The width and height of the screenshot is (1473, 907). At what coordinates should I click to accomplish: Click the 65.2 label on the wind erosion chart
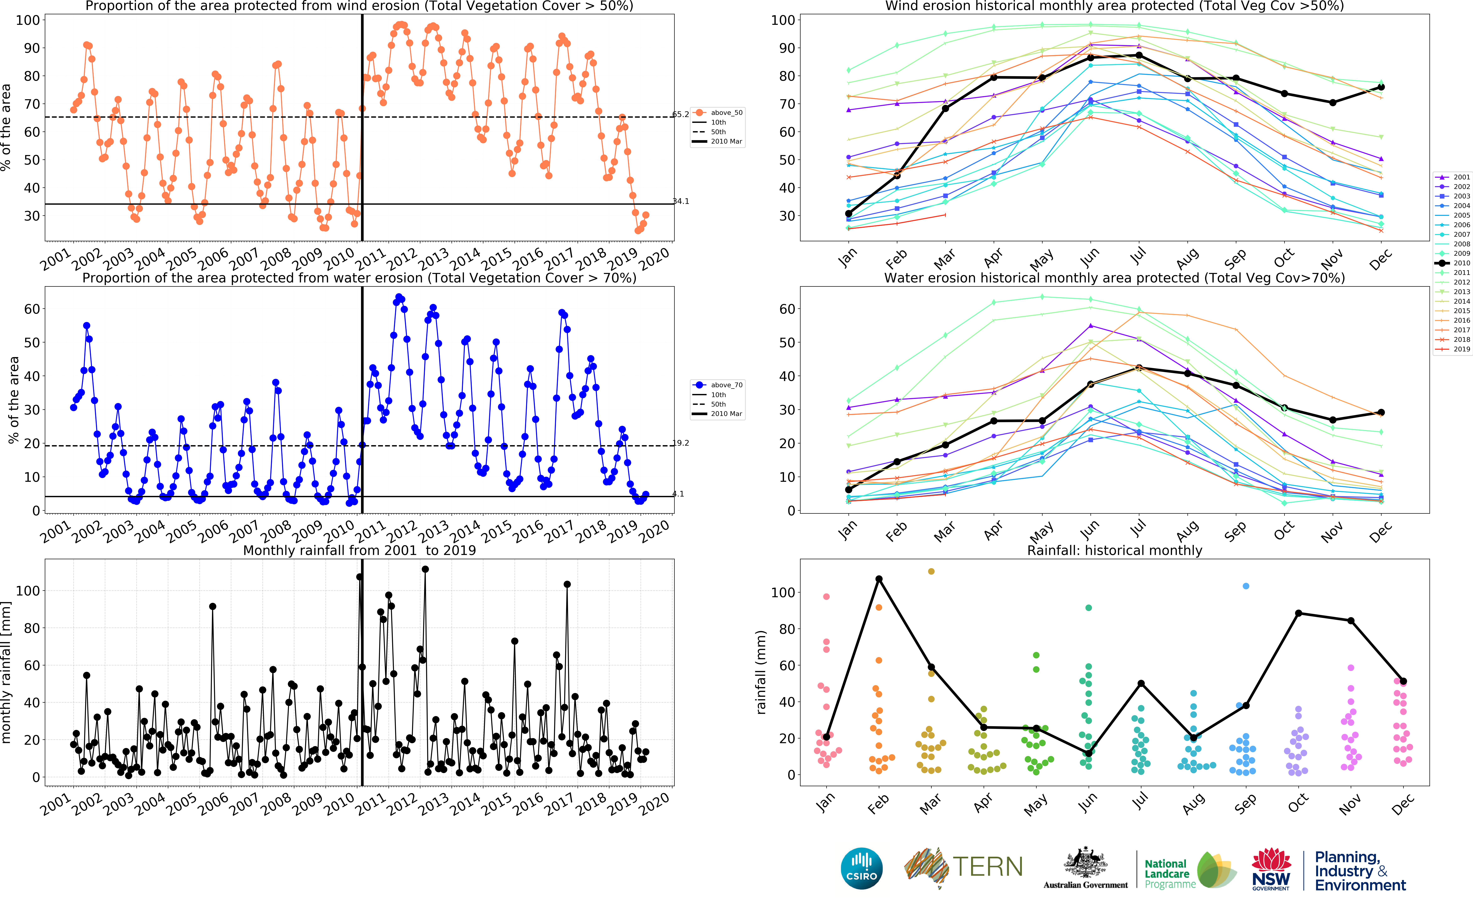click(680, 114)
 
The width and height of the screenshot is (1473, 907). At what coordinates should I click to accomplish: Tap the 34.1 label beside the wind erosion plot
click(680, 201)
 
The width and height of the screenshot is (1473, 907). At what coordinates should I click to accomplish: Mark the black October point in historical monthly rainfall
click(1298, 613)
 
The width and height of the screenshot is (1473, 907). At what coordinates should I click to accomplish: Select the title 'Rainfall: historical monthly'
click(1114, 550)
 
